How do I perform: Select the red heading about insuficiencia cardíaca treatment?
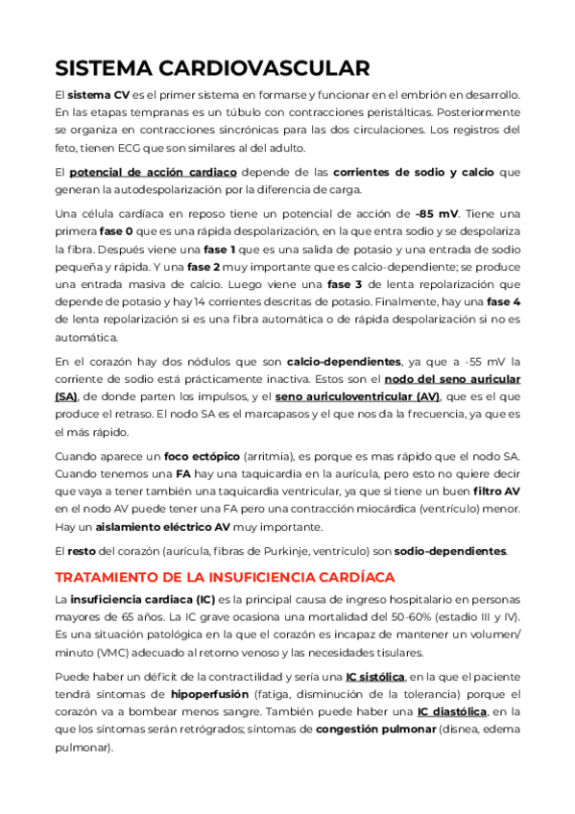coord(225,577)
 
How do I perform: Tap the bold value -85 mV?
coord(437,214)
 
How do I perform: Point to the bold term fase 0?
coord(117,233)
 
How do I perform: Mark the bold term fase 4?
coord(503,302)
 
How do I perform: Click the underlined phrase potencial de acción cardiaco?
coord(154,173)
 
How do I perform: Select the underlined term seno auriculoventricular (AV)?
coord(358,396)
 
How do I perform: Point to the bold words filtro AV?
coord(497,491)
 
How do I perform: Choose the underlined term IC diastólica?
coord(452,711)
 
